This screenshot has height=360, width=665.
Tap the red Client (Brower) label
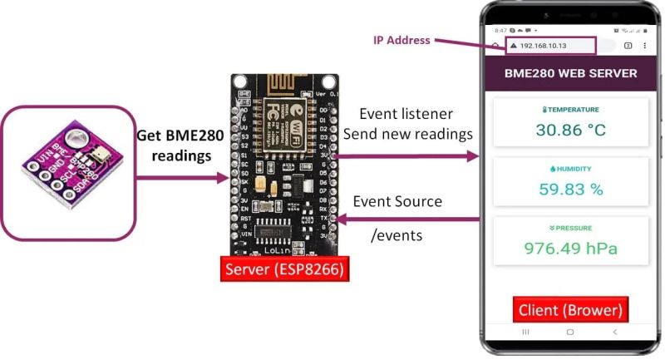coord(570,310)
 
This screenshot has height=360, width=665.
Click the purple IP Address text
coord(401,40)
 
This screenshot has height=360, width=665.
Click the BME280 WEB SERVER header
coord(570,73)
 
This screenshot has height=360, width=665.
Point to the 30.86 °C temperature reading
coord(570,130)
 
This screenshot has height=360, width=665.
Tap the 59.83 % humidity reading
coord(570,189)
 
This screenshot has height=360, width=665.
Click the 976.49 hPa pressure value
coord(570,247)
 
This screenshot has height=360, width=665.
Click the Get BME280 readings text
coord(180,145)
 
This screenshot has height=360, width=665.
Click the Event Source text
coord(397,201)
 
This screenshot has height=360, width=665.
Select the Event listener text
coord(406,113)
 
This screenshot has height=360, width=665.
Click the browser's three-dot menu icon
coord(645,46)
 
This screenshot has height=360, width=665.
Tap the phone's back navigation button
coord(614,332)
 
